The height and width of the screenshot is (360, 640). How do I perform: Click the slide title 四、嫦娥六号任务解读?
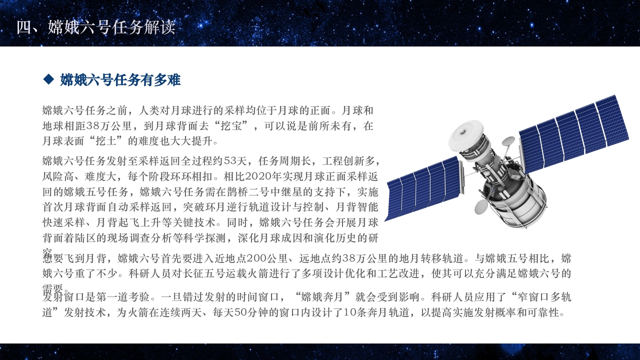95,27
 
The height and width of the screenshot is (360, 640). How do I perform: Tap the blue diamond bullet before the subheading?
48,79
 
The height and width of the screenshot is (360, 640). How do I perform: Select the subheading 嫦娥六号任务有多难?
120,79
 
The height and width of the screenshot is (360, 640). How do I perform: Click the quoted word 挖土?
99,141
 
